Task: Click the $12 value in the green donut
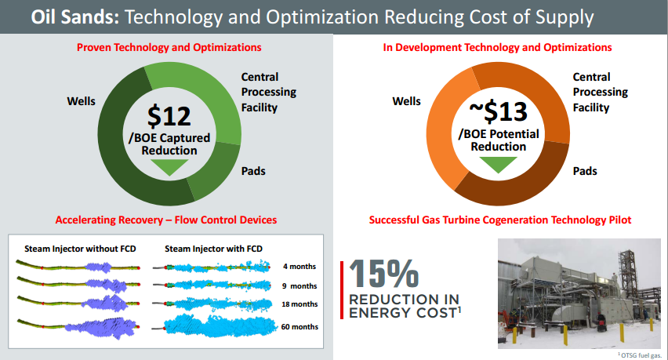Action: point(169,116)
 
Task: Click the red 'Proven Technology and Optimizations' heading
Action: point(169,48)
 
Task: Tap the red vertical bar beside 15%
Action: point(343,289)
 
